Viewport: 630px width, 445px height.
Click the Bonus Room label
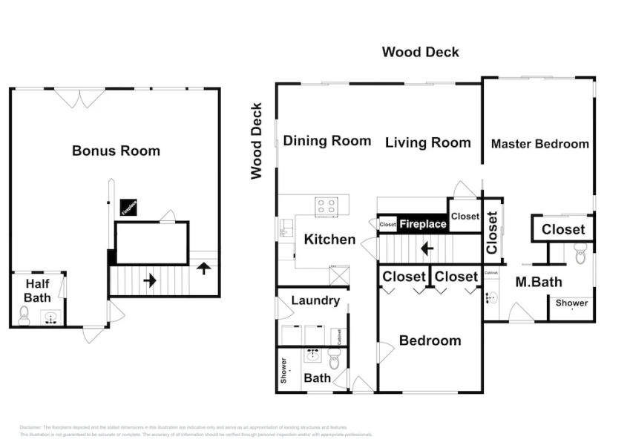coord(116,151)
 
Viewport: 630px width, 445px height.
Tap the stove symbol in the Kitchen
coord(327,205)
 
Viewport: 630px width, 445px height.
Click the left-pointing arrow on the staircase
coord(427,248)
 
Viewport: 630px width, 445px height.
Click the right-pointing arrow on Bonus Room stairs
coord(150,280)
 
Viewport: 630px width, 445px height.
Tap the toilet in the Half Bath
coord(24,317)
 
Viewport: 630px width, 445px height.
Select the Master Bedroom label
coord(539,144)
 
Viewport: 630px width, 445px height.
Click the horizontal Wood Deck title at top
coord(420,52)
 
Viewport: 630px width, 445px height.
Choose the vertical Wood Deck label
coord(257,141)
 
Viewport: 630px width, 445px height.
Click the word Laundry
coord(315,300)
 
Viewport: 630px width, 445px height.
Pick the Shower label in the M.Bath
coord(572,303)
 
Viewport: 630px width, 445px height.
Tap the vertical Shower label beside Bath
coord(283,371)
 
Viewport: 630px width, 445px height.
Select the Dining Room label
coord(327,141)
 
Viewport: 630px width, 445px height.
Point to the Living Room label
coord(427,142)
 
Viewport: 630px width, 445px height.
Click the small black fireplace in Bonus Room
coord(128,208)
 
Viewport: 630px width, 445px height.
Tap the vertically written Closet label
coord(492,233)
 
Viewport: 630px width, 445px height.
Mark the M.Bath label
coord(539,282)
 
